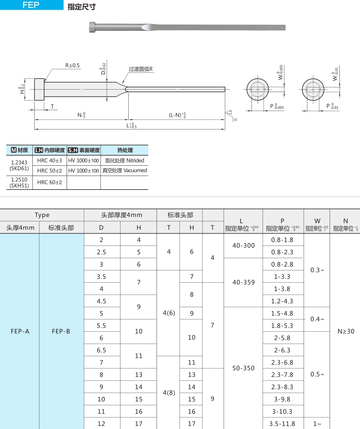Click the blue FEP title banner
[31, 5]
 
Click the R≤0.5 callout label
[72, 65]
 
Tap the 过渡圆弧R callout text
[141, 69]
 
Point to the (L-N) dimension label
[177, 115]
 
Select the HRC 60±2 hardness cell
[50, 182]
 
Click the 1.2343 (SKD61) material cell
[19, 166]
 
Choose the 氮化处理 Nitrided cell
[124, 160]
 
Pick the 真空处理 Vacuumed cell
[124, 170]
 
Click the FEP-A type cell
[20, 331]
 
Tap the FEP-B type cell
[61, 331]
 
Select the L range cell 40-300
[244, 246]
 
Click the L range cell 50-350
[244, 368]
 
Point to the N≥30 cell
[346, 331]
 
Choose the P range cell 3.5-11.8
[282, 424]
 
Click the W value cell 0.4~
[317, 319]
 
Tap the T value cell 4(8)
[169, 393]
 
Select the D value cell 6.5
[101, 350]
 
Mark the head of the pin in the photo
[93, 27]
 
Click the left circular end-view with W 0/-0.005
[258, 90]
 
